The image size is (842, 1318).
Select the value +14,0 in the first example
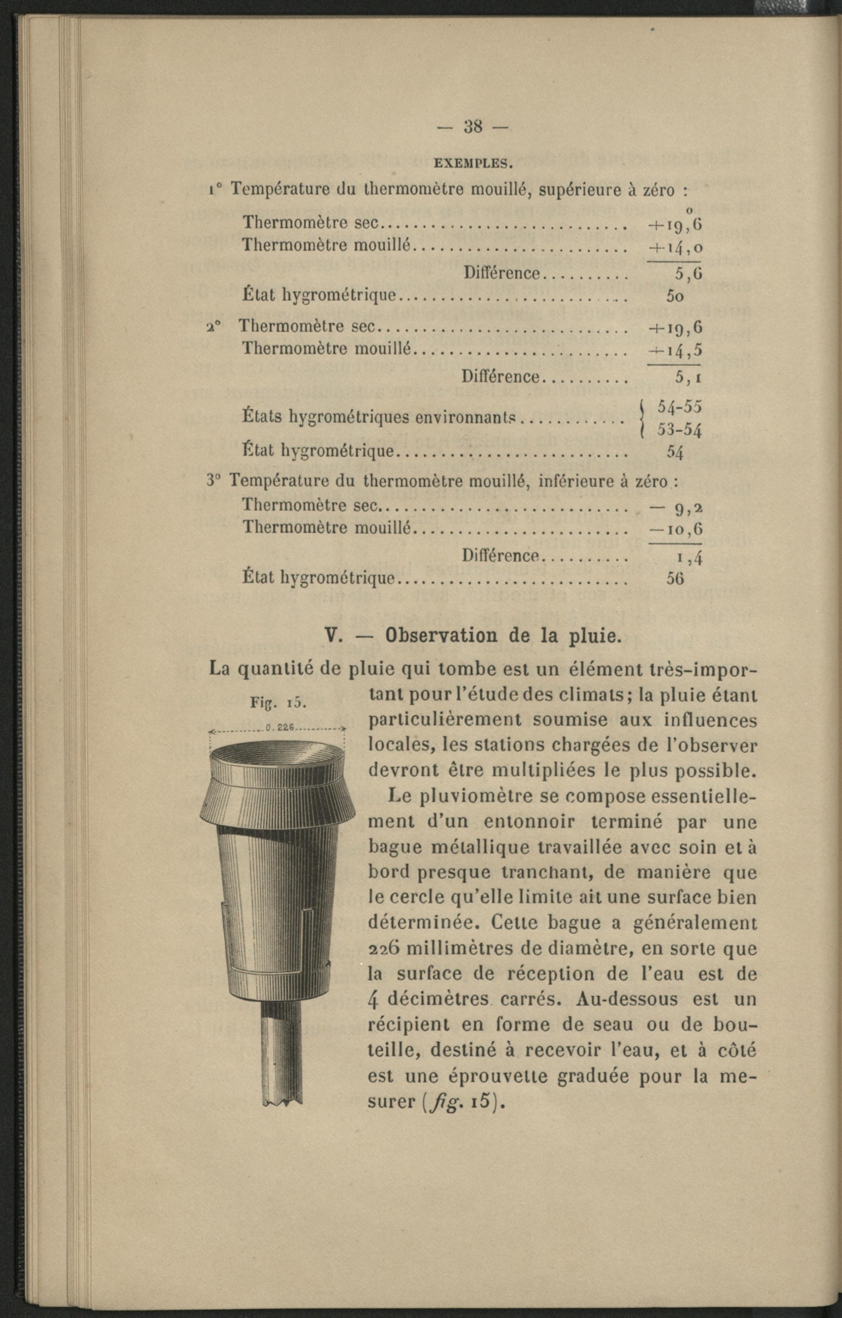pos(675,248)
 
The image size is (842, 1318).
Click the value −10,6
pos(675,529)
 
